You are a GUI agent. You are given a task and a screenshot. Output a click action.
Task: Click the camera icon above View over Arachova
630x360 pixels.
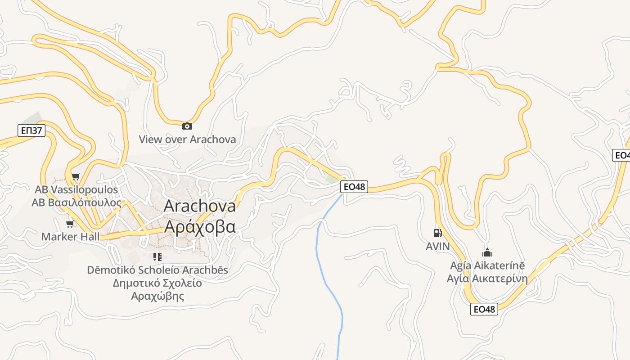tap(187, 126)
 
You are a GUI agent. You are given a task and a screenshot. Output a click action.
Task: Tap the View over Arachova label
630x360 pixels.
tap(187, 139)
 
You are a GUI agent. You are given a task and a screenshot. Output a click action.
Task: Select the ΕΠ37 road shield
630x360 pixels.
tap(31, 131)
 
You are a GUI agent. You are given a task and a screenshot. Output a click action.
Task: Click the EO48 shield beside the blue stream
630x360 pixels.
tap(354, 187)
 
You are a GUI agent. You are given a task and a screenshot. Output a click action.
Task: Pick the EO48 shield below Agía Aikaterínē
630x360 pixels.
tap(484, 309)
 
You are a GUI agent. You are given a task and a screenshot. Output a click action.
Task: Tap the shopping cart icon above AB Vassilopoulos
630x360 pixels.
tap(76, 177)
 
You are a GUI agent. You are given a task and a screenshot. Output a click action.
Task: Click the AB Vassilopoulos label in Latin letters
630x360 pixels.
tap(76, 189)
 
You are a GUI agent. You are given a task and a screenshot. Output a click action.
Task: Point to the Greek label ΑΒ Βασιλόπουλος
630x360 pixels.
tap(76, 202)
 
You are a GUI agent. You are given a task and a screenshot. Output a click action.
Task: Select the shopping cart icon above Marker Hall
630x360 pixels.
tap(70, 224)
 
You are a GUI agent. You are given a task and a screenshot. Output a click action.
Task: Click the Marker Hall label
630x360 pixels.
tap(70, 237)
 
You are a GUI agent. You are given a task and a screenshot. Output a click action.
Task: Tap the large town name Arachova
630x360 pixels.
tap(200, 206)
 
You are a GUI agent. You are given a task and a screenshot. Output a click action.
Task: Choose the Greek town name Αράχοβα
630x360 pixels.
tap(200, 226)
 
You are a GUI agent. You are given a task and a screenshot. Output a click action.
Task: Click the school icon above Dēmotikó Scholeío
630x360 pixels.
tap(157, 257)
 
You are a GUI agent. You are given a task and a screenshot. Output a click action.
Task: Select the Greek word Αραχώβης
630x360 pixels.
tap(157, 297)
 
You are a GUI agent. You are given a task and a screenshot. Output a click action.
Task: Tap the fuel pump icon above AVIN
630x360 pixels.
tap(437, 233)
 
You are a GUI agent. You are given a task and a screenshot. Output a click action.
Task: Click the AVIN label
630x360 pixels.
tap(438, 247)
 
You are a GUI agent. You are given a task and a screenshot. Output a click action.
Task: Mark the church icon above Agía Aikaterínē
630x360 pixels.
tap(487, 252)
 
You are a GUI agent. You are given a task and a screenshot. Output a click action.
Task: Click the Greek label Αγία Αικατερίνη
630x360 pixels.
tap(487, 279)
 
